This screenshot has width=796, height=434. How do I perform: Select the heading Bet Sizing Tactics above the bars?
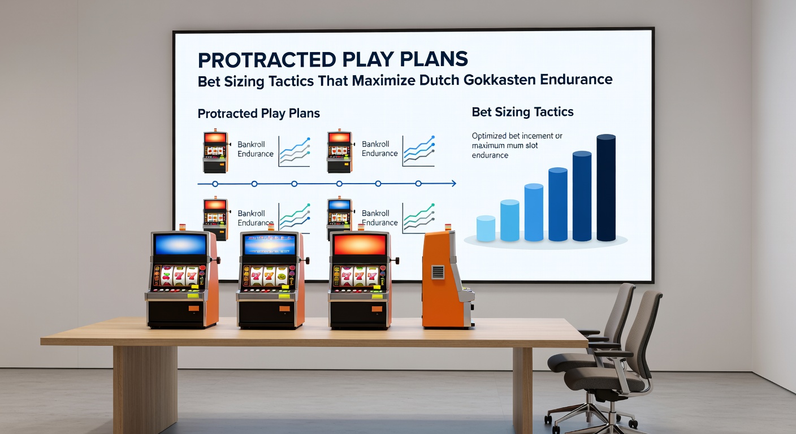click(522, 112)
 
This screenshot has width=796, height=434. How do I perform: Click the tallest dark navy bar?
click(606, 188)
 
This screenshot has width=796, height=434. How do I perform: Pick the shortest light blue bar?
click(486, 229)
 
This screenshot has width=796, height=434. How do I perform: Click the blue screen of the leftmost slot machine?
click(180, 244)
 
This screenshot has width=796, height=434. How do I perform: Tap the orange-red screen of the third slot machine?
click(360, 244)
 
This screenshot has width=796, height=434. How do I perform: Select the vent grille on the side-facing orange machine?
click(438, 272)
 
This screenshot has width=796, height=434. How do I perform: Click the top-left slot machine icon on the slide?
click(215, 152)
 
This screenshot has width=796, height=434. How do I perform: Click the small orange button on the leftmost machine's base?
click(194, 309)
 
